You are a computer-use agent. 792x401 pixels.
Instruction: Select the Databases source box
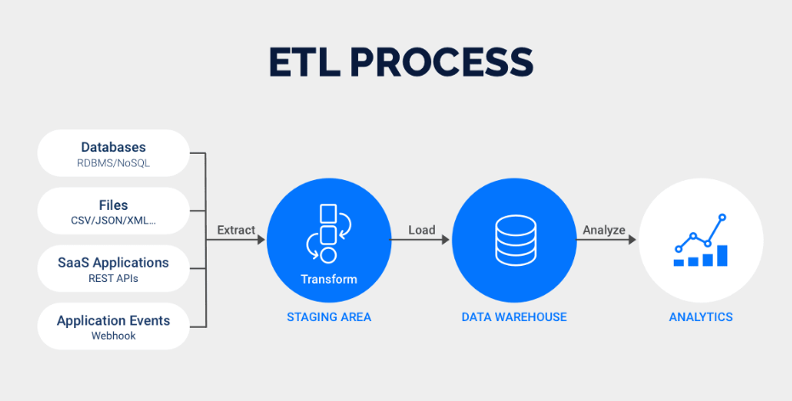[113, 154]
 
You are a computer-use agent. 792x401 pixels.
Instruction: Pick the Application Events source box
[113, 327]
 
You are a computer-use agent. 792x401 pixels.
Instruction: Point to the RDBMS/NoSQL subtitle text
[113, 163]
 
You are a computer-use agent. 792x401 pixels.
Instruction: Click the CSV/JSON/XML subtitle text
[113, 221]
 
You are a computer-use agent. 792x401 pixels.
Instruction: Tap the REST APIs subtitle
[113, 279]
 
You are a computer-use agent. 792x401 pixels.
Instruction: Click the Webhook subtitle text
[113, 336]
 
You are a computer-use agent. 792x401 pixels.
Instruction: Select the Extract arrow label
[236, 229]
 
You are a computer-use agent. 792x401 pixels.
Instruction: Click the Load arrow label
[421, 229]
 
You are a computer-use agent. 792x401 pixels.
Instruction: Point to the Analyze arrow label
[604, 229]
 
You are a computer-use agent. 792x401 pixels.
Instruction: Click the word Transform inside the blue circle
[328, 279]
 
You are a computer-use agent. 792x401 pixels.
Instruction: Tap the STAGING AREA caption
[328, 317]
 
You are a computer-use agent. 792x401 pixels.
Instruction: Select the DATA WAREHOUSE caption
[514, 317]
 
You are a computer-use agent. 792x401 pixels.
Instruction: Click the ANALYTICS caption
[700, 317]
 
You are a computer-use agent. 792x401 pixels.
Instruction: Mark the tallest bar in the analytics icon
[722, 255]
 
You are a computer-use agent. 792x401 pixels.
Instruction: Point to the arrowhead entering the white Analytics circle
[632, 240]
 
